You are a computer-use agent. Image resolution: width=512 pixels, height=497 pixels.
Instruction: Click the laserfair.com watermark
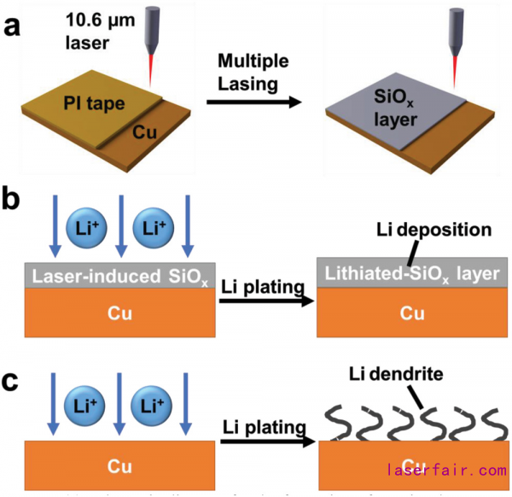click(x=447, y=471)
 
